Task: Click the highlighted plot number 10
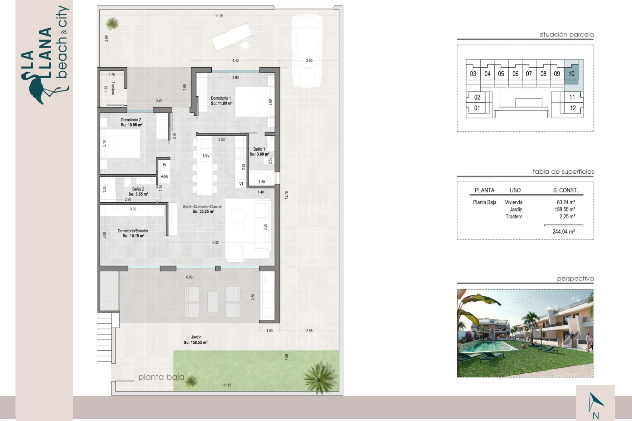click(571, 74)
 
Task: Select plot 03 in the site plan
click(473, 74)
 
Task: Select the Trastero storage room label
click(113, 88)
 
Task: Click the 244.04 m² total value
click(564, 232)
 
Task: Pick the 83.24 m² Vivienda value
click(566, 202)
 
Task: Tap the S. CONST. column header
click(565, 190)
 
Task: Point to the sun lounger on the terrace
click(231, 36)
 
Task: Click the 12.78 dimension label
click(286, 195)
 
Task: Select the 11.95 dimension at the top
click(219, 16)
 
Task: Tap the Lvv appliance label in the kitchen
click(206, 156)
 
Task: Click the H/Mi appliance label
click(164, 177)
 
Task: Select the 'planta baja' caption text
click(161, 377)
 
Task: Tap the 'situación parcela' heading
click(566, 35)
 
